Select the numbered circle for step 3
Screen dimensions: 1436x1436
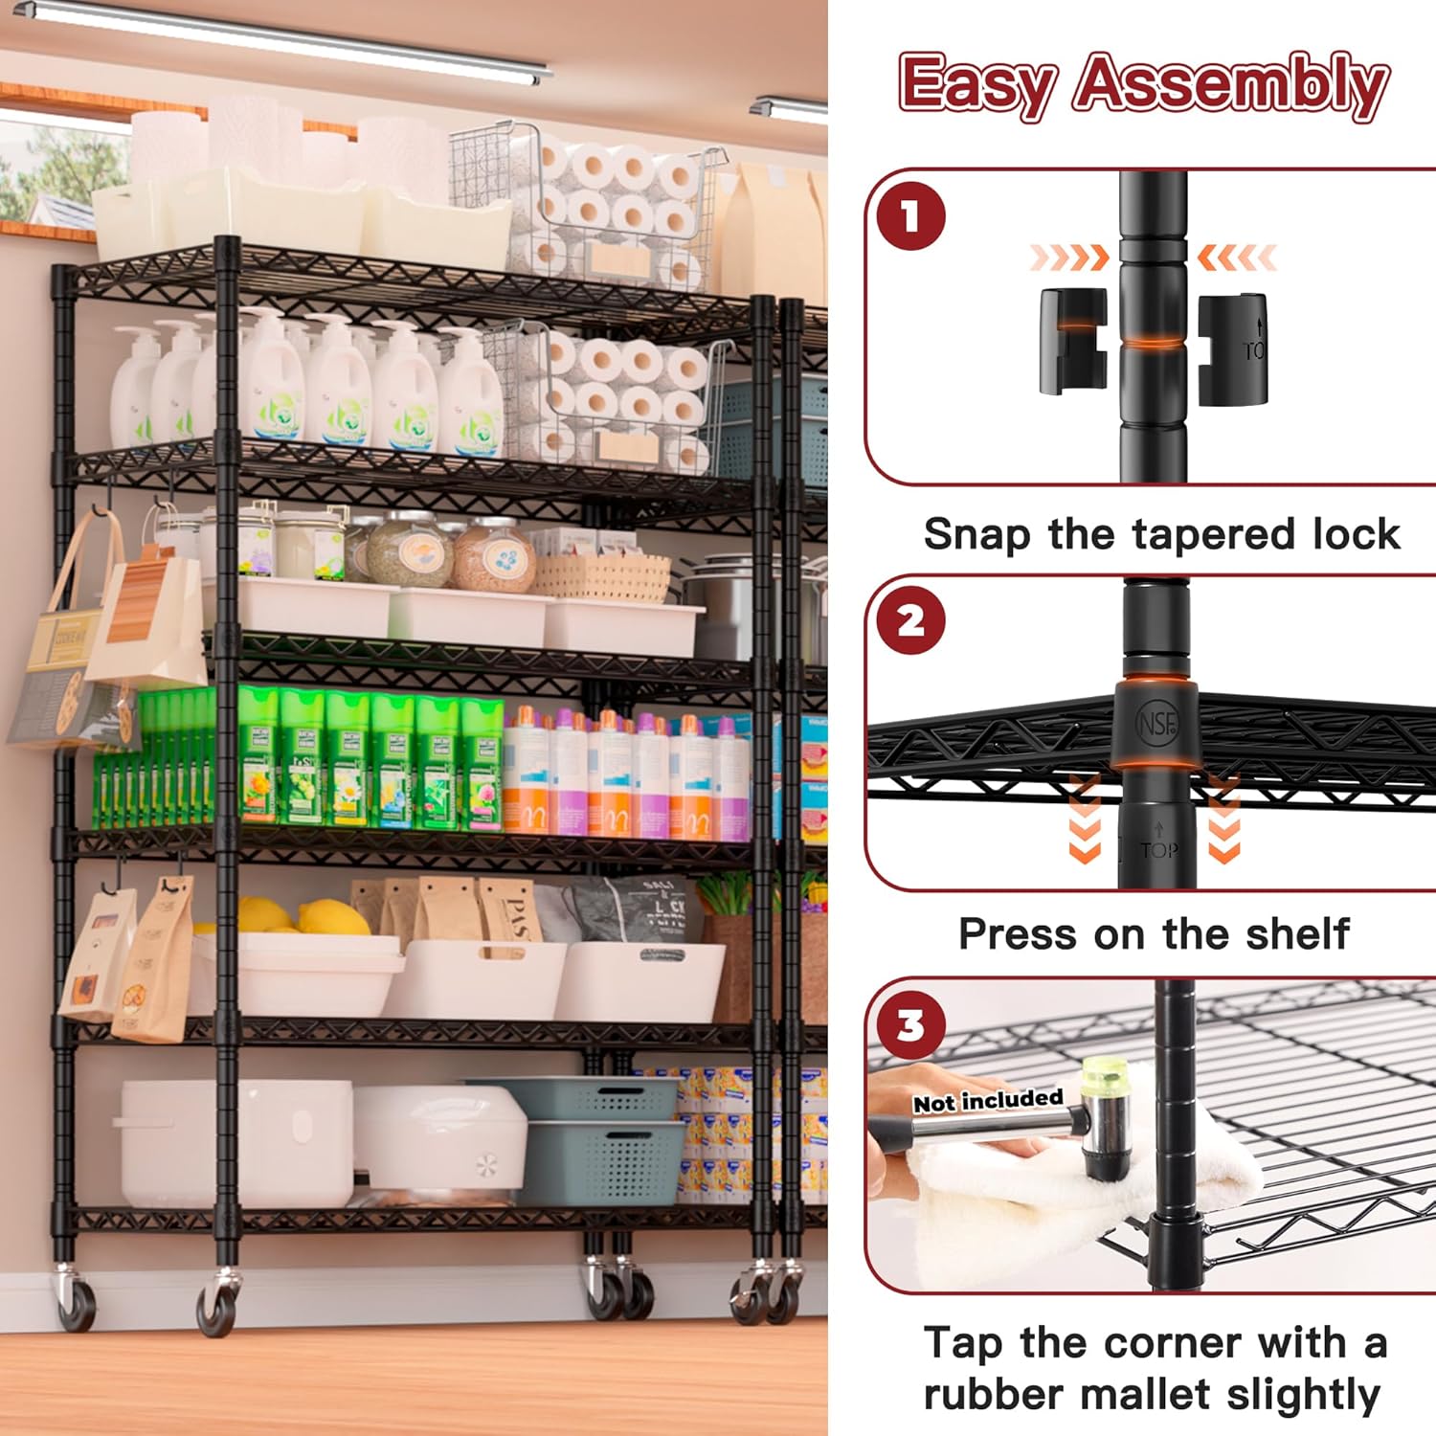(910, 1025)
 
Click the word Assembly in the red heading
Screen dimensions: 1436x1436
(1231, 84)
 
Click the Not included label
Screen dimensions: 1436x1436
(987, 1101)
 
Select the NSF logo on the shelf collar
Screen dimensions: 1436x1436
(1157, 724)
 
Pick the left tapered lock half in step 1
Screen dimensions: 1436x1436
(1072, 341)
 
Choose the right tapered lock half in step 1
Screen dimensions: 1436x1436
(1232, 349)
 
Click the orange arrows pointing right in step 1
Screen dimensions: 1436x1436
(1068, 257)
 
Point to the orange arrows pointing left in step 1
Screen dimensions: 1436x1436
(1236, 257)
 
